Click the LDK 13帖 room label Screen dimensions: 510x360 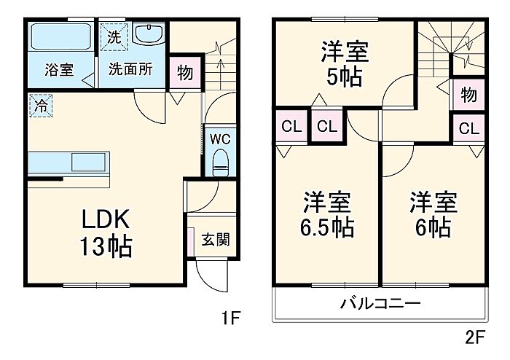106,233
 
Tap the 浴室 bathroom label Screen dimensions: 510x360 60,70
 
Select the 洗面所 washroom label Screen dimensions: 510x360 130,69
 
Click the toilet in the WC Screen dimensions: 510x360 221,163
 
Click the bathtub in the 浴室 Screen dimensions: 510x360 60,36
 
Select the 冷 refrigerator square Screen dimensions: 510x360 41,106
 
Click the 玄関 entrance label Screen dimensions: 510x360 216,240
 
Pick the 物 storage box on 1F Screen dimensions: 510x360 185,73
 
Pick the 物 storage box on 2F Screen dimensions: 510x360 468,95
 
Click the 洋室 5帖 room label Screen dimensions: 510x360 345,64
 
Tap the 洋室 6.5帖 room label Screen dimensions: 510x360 327,215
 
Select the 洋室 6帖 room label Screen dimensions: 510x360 433,215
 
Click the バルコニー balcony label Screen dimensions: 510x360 380,304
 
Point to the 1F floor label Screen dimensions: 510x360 231,318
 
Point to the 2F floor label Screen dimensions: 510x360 475,337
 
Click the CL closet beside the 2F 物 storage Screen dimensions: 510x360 468,128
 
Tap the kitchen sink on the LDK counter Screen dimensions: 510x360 88,162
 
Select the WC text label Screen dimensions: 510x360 220,139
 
